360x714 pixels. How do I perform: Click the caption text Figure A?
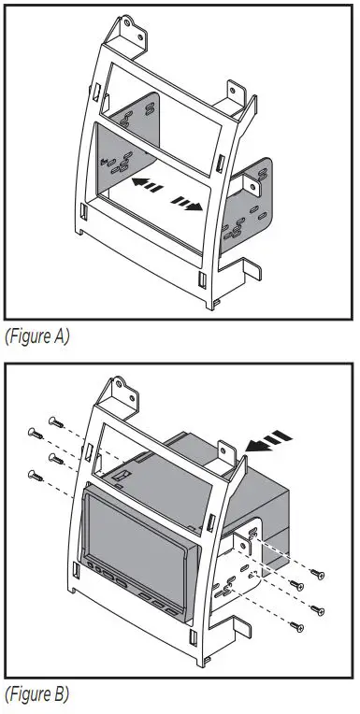tap(37, 336)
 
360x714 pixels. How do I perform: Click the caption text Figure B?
tap(37, 696)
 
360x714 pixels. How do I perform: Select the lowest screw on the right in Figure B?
tap(298, 624)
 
